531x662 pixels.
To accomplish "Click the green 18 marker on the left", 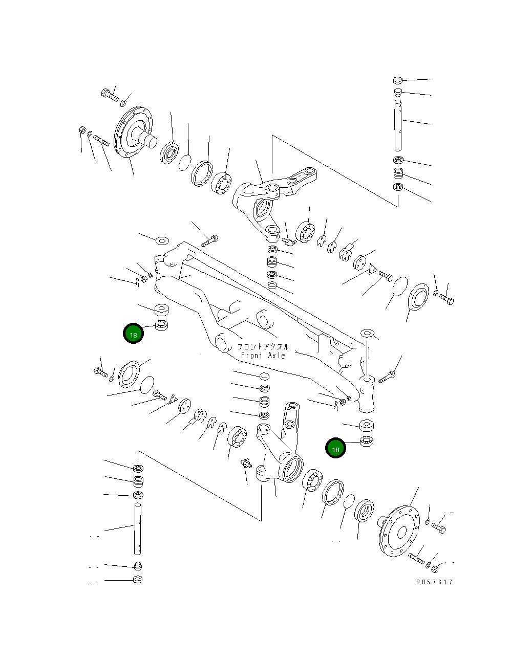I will (133, 334).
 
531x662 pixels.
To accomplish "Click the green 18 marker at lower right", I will (335, 449).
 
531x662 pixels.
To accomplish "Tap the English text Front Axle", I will (262, 355).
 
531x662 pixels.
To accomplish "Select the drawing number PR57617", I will (434, 582).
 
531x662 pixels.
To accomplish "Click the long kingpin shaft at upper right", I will (398, 124).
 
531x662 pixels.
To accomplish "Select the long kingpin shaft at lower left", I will (138, 528).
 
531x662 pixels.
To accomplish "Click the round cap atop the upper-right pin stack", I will (398, 80).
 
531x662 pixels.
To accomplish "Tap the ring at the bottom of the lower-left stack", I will (137, 580).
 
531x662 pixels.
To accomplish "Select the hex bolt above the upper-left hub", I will (109, 95).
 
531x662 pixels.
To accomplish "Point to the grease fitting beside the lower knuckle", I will (244, 464).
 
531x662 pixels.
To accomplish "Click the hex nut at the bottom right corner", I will (434, 568).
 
